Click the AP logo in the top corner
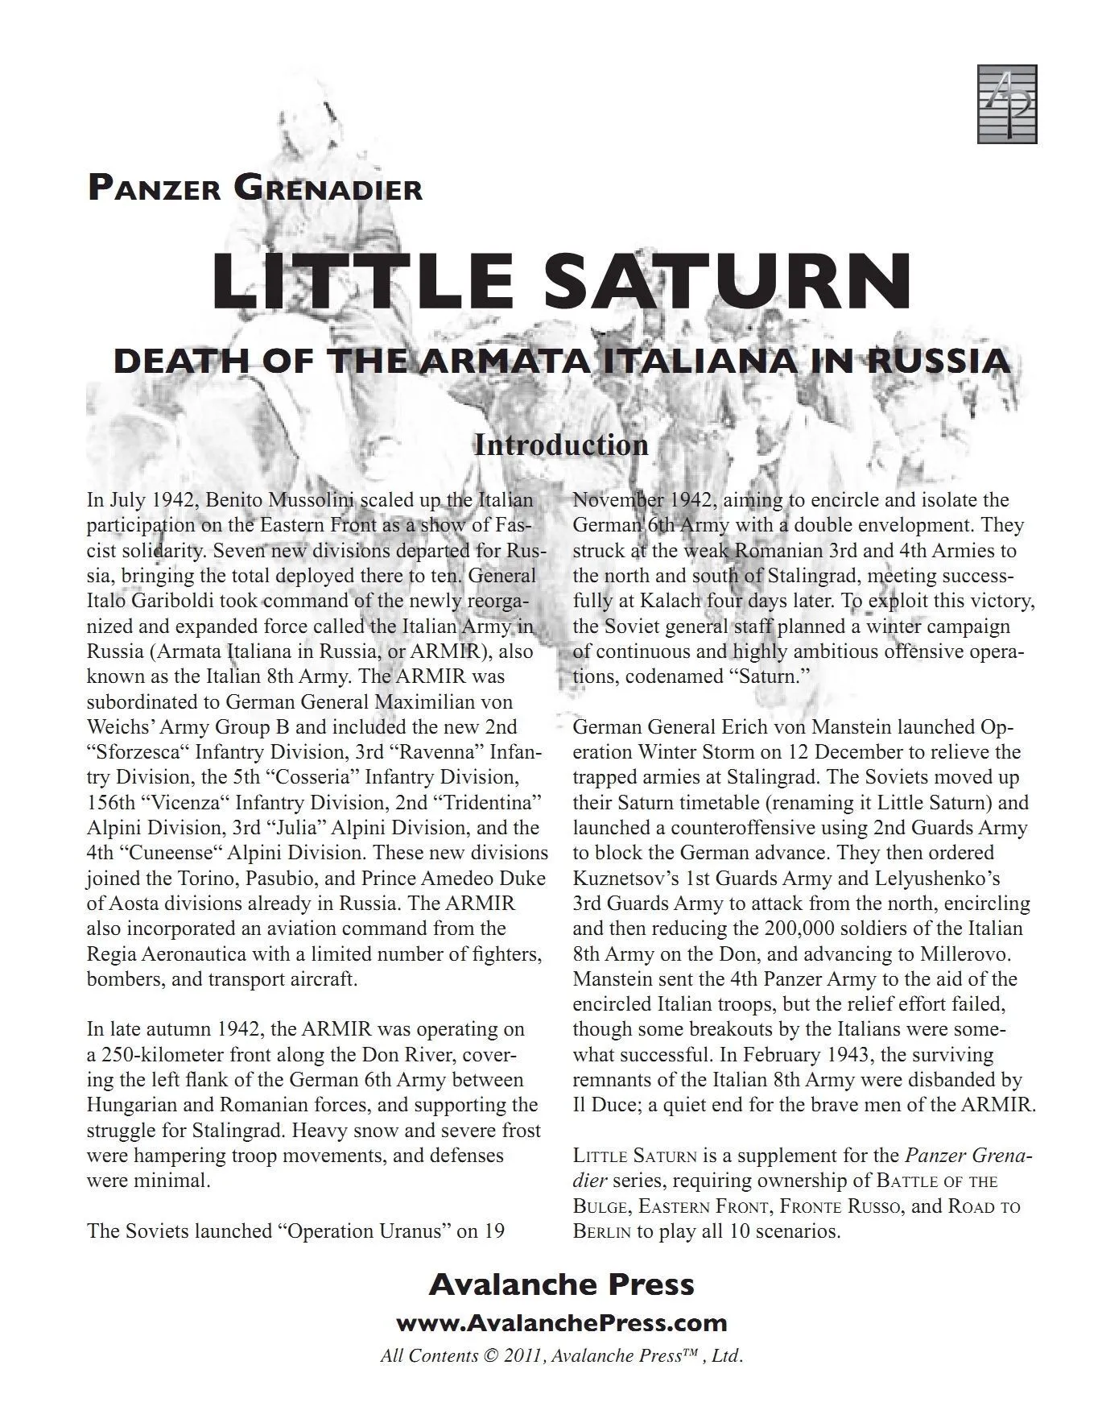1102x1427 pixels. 1007,104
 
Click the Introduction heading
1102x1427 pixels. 561,445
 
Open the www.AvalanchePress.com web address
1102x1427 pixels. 561,1323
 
